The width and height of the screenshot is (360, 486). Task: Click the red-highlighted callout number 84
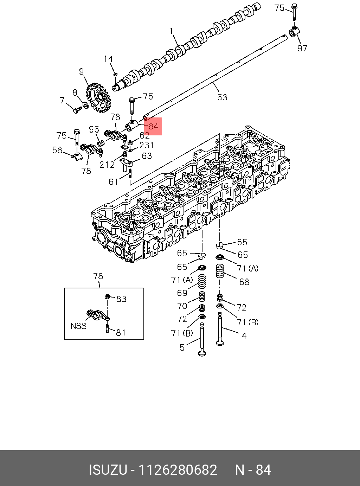pos(153,126)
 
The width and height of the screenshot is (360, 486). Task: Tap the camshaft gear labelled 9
pos(98,97)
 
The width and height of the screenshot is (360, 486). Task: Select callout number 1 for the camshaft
pos(172,31)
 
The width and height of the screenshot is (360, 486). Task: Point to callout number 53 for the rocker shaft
pos(222,97)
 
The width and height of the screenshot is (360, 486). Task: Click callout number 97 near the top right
pos(302,48)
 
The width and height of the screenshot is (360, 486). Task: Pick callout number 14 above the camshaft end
pos(108,59)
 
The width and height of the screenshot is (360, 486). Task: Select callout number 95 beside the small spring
pos(94,129)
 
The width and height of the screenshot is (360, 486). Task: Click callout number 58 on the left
pos(57,150)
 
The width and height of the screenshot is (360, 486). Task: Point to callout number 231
pos(146,145)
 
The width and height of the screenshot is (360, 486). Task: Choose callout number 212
pos(107,165)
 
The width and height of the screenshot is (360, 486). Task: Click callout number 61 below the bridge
pos(113,181)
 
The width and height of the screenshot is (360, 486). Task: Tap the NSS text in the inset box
pos(78,326)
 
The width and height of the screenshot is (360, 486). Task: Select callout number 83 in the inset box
pos(121,299)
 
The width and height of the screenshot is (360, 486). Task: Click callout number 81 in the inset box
pos(121,332)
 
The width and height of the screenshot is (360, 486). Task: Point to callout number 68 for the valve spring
pos(244,282)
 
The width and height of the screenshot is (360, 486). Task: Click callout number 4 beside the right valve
pos(244,335)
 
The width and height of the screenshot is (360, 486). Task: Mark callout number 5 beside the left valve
pos(182,347)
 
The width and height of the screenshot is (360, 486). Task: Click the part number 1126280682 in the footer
pos(178,470)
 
